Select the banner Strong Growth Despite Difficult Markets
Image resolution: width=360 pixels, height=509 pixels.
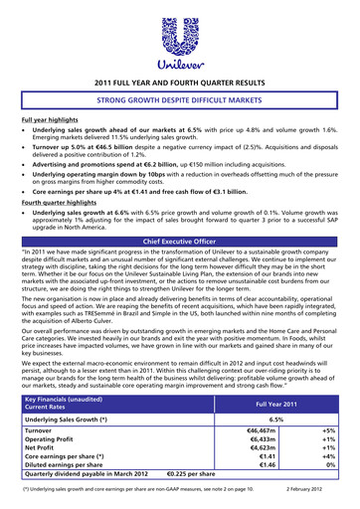(x=180, y=102)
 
